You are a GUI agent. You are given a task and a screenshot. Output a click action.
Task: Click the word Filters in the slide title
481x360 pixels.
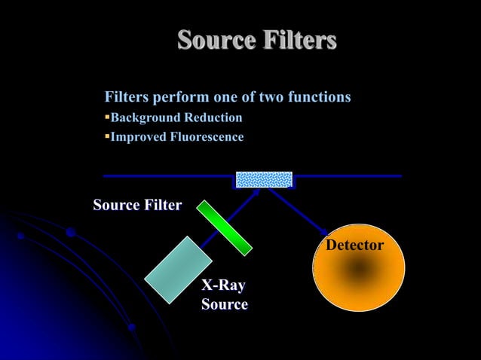(x=298, y=40)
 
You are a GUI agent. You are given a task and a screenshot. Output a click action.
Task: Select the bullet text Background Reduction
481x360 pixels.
(x=176, y=117)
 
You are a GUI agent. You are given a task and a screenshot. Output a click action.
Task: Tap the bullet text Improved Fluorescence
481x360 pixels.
(x=177, y=137)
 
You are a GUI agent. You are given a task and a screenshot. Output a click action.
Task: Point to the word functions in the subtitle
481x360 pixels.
(x=317, y=97)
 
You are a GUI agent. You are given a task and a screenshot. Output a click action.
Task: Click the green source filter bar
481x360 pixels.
(x=225, y=227)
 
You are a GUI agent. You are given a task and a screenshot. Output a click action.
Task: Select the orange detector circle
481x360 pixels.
(x=358, y=267)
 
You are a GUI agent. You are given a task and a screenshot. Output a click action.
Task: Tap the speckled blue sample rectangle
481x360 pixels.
(x=264, y=179)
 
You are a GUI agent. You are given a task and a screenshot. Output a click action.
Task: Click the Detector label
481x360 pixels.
(x=354, y=246)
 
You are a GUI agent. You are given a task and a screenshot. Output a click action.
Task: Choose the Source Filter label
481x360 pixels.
(x=137, y=205)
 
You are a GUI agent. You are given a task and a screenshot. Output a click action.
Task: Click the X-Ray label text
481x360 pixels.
(x=223, y=286)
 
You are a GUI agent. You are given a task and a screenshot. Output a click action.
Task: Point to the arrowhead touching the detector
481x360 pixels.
(x=323, y=230)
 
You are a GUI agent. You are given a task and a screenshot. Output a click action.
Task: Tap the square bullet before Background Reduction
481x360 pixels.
(x=107, y=117)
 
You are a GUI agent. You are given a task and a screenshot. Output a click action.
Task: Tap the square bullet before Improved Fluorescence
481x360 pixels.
(x=107, y=137)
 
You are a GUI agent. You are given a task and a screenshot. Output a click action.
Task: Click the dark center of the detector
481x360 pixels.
(x=359, y=269)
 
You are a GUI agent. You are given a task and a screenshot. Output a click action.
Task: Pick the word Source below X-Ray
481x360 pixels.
(x=225, y=304)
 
